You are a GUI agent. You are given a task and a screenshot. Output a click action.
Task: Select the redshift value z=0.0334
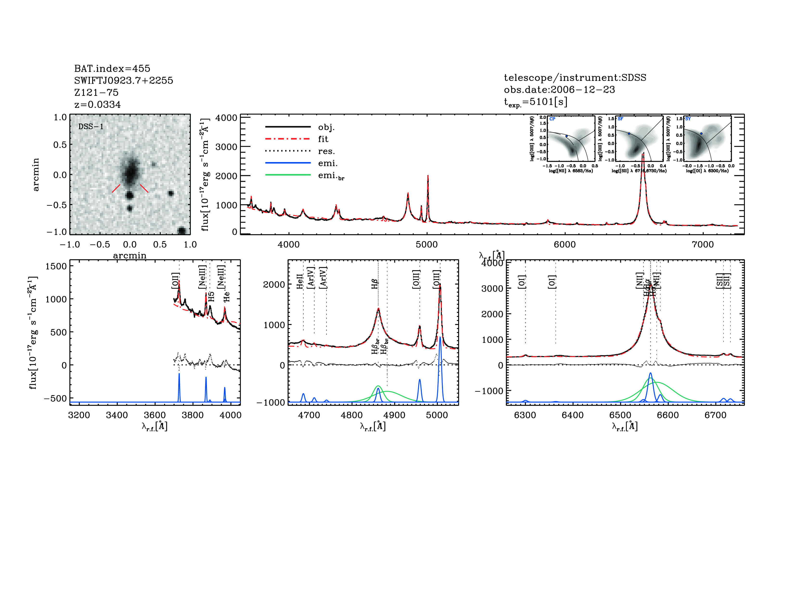coord(97,105)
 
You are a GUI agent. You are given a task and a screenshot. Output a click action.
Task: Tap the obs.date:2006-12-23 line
coord(559,90)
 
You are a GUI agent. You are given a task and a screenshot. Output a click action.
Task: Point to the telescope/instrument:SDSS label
coord(575,78)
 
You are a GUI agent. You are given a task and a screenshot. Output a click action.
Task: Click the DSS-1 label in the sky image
coord(91,127)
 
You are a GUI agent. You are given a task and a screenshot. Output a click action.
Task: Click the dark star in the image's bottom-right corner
coord(181,231)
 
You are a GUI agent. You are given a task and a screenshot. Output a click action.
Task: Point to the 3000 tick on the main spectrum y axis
coord(226,147)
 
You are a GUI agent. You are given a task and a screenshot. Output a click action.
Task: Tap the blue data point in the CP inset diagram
coord(566,136)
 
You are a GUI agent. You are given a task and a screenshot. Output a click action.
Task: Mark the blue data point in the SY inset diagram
coord(701,133)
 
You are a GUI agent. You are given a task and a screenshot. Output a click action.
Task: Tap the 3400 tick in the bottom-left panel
coord(117,415)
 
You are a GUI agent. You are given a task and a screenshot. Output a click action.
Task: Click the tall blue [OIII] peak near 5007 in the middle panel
coord(440,338)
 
